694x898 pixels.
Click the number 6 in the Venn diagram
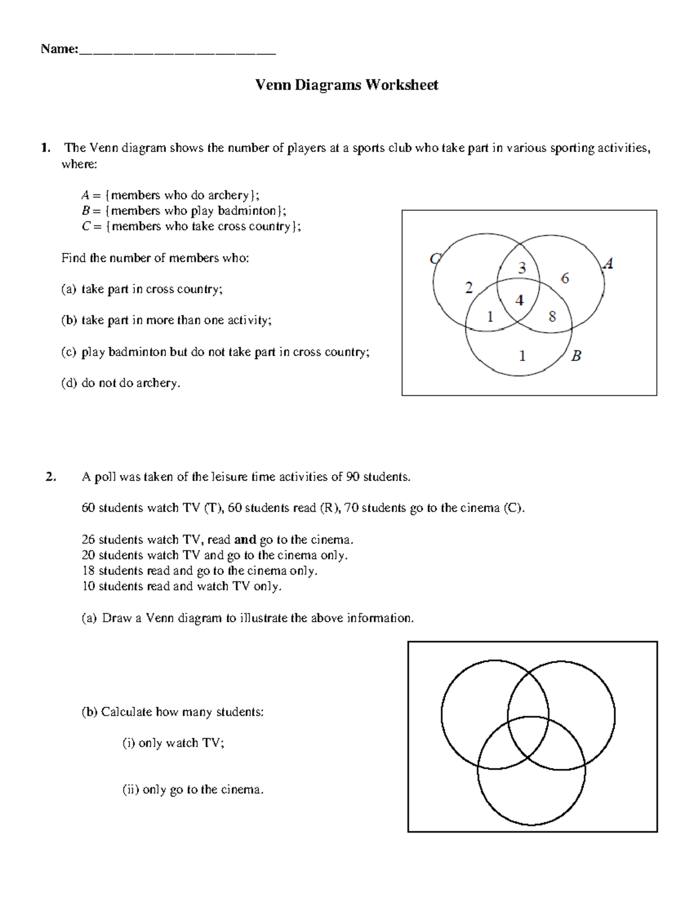pyautogui.click(x=565, y=278)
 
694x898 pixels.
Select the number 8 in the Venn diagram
pyautogui.click(x=552, y=316)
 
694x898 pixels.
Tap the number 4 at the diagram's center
pyautogui.click(x=519, y=300)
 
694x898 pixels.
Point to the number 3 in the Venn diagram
pyautogui.click(x=522, y=268)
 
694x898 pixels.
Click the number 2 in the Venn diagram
pyautogui.click(x=468, y=287)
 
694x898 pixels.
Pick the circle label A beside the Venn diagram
pyautogui.click(x=607, y=264)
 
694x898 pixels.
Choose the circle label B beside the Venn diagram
pyautogui.click(x=576, y=356)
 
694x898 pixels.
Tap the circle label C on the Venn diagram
pyautogui.click(x=435, y=258)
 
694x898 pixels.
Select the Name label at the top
pyautogui.click(x=58, y=49)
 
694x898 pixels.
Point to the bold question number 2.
pyautogui.click(x=50, y=477)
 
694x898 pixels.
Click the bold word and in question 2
pyautogui.click(x=245, y=539)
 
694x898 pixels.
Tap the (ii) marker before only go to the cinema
pyautogui.click(x=130, y=789)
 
